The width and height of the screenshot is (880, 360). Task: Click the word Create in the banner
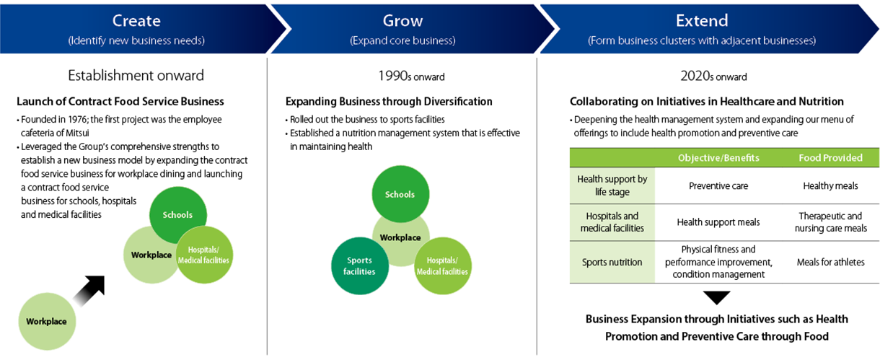pos(136,21)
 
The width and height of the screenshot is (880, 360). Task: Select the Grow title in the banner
pos(402,21)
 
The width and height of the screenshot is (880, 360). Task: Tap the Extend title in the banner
pos(702,21)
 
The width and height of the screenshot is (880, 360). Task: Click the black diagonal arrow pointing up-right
pos(89,291)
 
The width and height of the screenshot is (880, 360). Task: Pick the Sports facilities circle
pos(360,266)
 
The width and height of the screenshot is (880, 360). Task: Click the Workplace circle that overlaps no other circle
pos(47,322)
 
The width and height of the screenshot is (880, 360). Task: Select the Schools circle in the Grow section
pos(400,194)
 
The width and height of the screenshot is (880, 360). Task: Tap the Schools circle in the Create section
pos(178,215)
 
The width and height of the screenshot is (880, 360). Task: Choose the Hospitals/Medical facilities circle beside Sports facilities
pos(443,266)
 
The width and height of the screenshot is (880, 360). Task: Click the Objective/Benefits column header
pos(718,158)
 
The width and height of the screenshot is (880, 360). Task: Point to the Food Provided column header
pos(830,158)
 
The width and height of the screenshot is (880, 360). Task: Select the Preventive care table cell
pos(718,186)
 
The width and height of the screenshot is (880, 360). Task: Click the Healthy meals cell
pos(830,186)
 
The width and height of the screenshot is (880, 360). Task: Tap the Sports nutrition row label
pos(612,262)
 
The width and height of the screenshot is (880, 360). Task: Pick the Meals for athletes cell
pos(830,262)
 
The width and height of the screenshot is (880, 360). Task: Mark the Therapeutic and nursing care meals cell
pos(830,222)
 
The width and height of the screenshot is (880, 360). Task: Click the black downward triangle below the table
pos(717,297)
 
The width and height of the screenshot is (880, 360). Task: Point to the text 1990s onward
pos(411,76)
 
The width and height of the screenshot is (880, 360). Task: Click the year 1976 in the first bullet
pos(78,120)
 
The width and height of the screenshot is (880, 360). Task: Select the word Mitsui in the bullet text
pos(76,133)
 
